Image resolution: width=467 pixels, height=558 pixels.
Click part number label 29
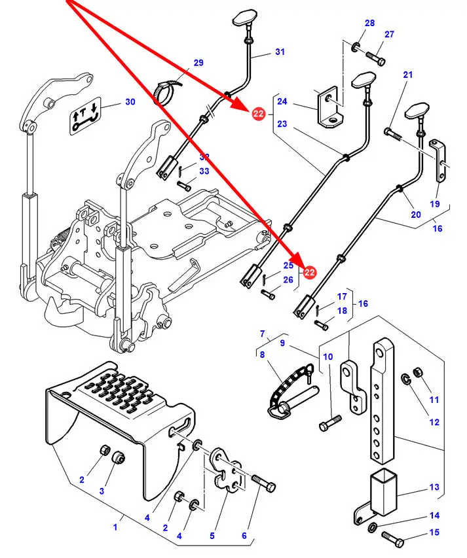pyautogui.click(x=198, y=63)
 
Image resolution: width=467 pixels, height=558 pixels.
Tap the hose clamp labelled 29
pyautogui.click(x=165, y=90)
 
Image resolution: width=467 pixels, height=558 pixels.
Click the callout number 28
pyautogui.click(x=370, y=24)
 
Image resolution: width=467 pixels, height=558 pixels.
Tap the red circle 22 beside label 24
pyautogui.click(x=258, y=114)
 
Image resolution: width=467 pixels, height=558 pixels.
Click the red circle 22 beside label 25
pyautogui.click(x=309, y=272)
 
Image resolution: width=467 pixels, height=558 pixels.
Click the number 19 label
pyautogui.click(x=434, y=204)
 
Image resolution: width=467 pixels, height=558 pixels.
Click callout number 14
pyautogui.click(x=434, y=516)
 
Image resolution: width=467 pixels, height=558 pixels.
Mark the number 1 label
pyautogui.click(x=115, y=525)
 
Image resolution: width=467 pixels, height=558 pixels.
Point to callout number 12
pyautogui.click(x=434, y=423)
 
